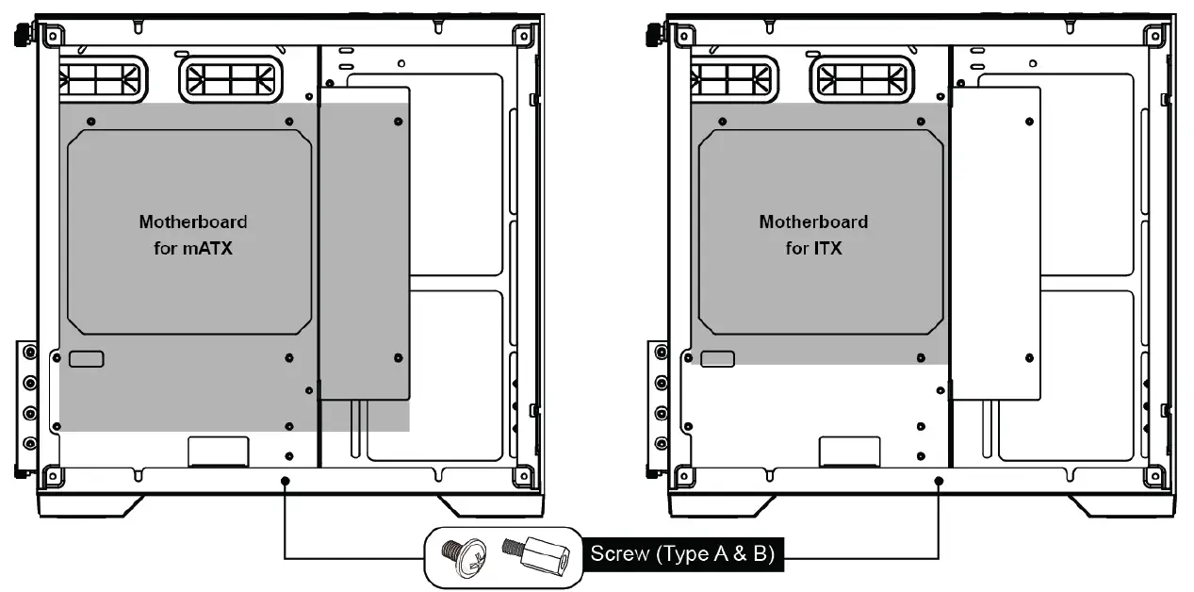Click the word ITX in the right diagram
pos(826,250)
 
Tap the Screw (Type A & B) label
pos(681,554)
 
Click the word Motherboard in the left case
pos(193,222)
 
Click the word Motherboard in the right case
pos(813,222)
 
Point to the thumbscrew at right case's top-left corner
pos(651,34)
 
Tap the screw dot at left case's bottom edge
pos(285,481)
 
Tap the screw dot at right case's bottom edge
pos(939,481)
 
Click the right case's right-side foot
pos(1112,506)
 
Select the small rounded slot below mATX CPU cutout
pos(86,359)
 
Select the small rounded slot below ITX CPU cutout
pos(717,359)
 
